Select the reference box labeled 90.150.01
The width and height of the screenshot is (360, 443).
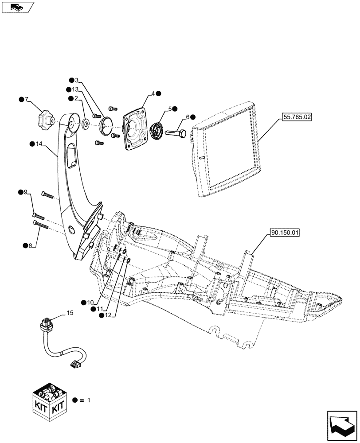[x=284, y=232]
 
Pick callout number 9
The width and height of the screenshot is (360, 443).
[x=25, y=192]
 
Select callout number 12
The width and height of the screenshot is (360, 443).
[x=108, y=315]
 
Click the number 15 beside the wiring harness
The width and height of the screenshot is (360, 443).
[x=69, y=313]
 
